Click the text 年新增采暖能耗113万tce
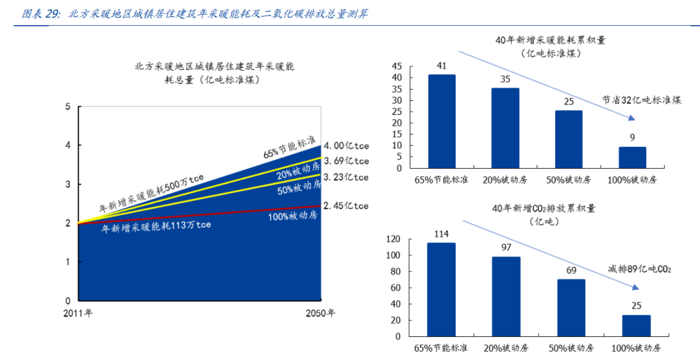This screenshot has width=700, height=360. (x=156, y=226)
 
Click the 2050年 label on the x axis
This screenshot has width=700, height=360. (x=321, y=312)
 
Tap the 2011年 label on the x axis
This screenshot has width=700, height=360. (x=79, y=312)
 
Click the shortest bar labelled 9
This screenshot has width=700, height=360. (x=632, y=158)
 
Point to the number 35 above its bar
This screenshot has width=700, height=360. (x=505, y=79)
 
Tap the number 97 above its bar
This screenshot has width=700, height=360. (x=505, y=248)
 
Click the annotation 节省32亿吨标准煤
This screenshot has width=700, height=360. (x=641, y=100)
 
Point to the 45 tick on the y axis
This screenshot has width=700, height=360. (x=396, y=67)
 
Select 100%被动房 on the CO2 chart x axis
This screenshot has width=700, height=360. (x=636, y=347)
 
